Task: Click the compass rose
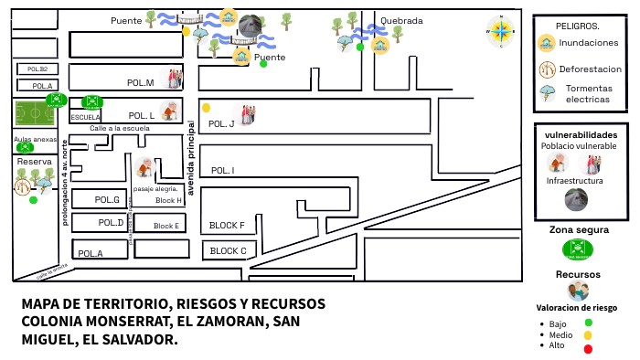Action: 502,31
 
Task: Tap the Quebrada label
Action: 401,20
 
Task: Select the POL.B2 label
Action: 37,69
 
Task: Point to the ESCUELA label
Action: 85,117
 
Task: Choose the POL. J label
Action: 221,123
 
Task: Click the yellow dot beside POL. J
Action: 207,107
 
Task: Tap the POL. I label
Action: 222,171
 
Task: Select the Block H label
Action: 168,200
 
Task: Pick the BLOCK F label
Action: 227,226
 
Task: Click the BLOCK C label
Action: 228,250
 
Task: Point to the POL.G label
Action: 108,199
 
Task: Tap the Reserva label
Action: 35,162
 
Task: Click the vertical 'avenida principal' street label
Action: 191,158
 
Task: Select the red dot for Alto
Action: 588,348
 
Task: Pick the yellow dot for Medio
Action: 588,335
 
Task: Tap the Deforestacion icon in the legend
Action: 548,68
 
